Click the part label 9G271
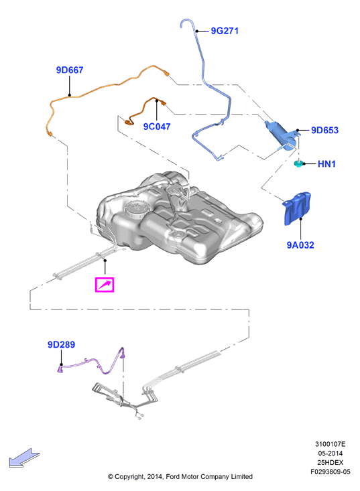point(225,31)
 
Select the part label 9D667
point(70,70)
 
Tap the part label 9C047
point(157,127)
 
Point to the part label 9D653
point(324,130)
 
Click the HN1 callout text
point(326,163)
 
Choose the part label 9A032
point(300,245)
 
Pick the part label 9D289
point(61,344)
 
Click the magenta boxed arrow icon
point(105,285)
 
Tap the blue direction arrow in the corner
point(24,458)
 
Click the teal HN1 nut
point(298,163)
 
